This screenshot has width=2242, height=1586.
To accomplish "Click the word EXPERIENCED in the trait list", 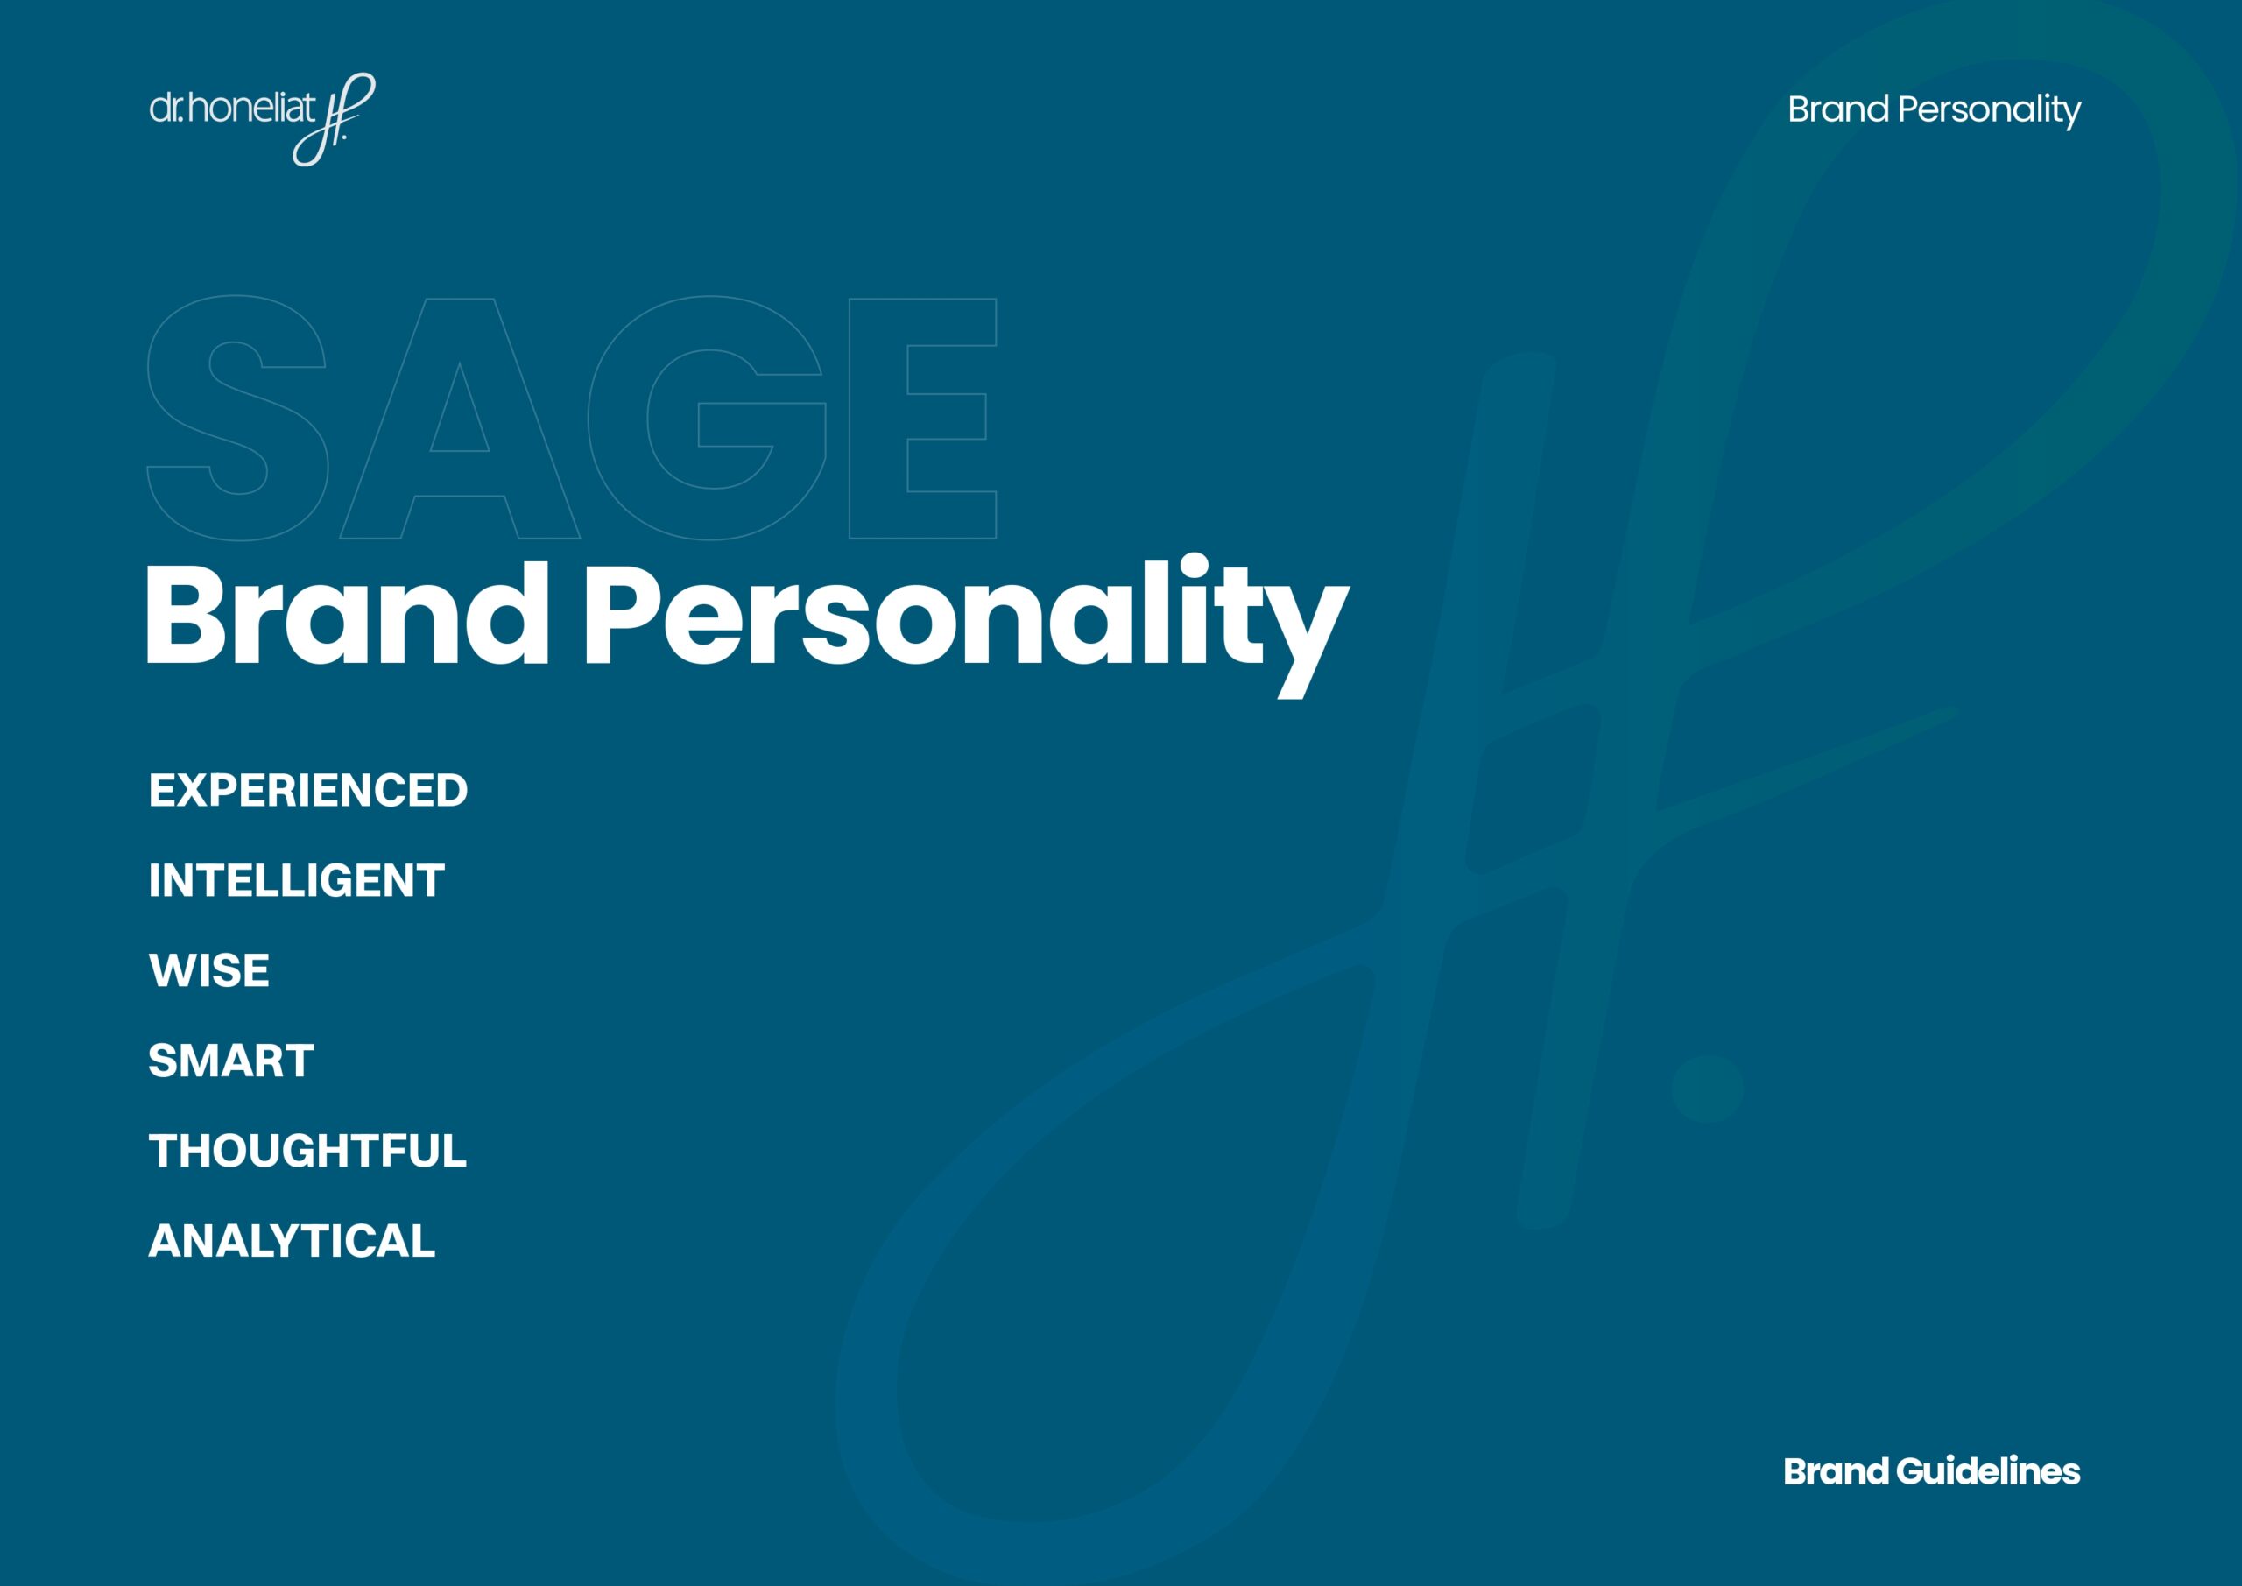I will click(x=307, y=791).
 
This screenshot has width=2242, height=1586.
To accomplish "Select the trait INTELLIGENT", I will click(x=296, y=881).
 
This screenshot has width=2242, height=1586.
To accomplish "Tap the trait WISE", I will click(x=209, y=970).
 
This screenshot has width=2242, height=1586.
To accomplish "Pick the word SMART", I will click(x=230, y=1061).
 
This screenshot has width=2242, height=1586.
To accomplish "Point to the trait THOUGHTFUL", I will click(x=307, y=1152).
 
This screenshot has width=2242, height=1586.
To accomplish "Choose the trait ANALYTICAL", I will click(x=291, y=1241).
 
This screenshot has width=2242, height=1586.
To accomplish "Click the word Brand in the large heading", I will click(x=347, y=617).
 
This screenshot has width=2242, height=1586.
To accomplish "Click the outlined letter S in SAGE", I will click(x=237, y=418).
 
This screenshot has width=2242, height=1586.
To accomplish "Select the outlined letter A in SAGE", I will click(x=459, y=418).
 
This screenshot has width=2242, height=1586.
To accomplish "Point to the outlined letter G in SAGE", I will click(x=708, y=418).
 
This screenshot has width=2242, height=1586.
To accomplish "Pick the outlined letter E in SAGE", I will click(x=922, y=418).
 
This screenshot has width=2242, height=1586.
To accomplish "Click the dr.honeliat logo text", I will click(x=232, y=108).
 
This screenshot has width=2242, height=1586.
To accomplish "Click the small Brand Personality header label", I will click(x=1934, y=109).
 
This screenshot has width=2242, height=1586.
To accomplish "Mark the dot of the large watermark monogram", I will click(x=1707, y=1088).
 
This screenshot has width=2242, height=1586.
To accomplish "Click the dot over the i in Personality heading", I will click(x=1194, y=567).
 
